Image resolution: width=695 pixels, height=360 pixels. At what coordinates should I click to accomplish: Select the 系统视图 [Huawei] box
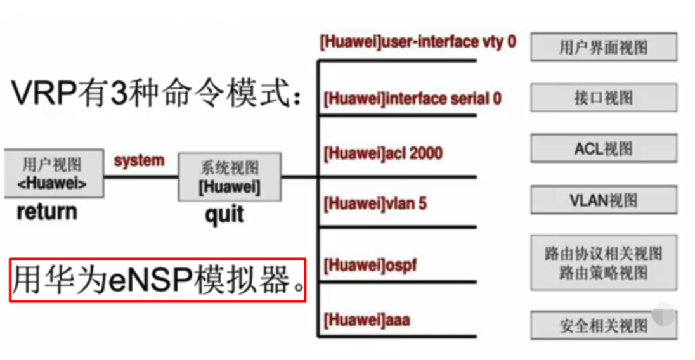[229, 177]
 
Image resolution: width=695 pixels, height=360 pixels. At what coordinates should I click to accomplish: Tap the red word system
[139, 161]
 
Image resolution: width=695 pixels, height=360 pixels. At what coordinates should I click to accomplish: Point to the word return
[47, 211]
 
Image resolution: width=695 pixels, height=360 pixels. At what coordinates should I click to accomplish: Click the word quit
[224, 214]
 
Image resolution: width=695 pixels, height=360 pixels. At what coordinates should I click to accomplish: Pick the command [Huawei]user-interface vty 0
[418, 42]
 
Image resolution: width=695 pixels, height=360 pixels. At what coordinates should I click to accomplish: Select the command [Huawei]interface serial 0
[412, 99]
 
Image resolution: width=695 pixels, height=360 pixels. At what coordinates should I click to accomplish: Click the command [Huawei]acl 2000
[382, 153]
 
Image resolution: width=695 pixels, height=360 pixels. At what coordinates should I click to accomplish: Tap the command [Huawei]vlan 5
[375, 204]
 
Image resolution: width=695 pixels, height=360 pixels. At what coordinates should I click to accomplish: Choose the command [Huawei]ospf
[370, 263]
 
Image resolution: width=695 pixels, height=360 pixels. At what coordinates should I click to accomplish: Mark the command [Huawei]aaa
[366, 320]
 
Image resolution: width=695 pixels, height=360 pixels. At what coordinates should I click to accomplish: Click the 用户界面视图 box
[603, 48]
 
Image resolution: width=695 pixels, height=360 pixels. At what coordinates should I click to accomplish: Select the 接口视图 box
[603, 98]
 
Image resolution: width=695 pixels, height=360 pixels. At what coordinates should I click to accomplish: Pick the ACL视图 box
[603, 149]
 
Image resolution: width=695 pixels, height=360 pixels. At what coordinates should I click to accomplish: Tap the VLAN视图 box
[603, 201]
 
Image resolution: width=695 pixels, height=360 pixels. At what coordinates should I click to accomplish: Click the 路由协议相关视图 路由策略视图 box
[603, 263]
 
